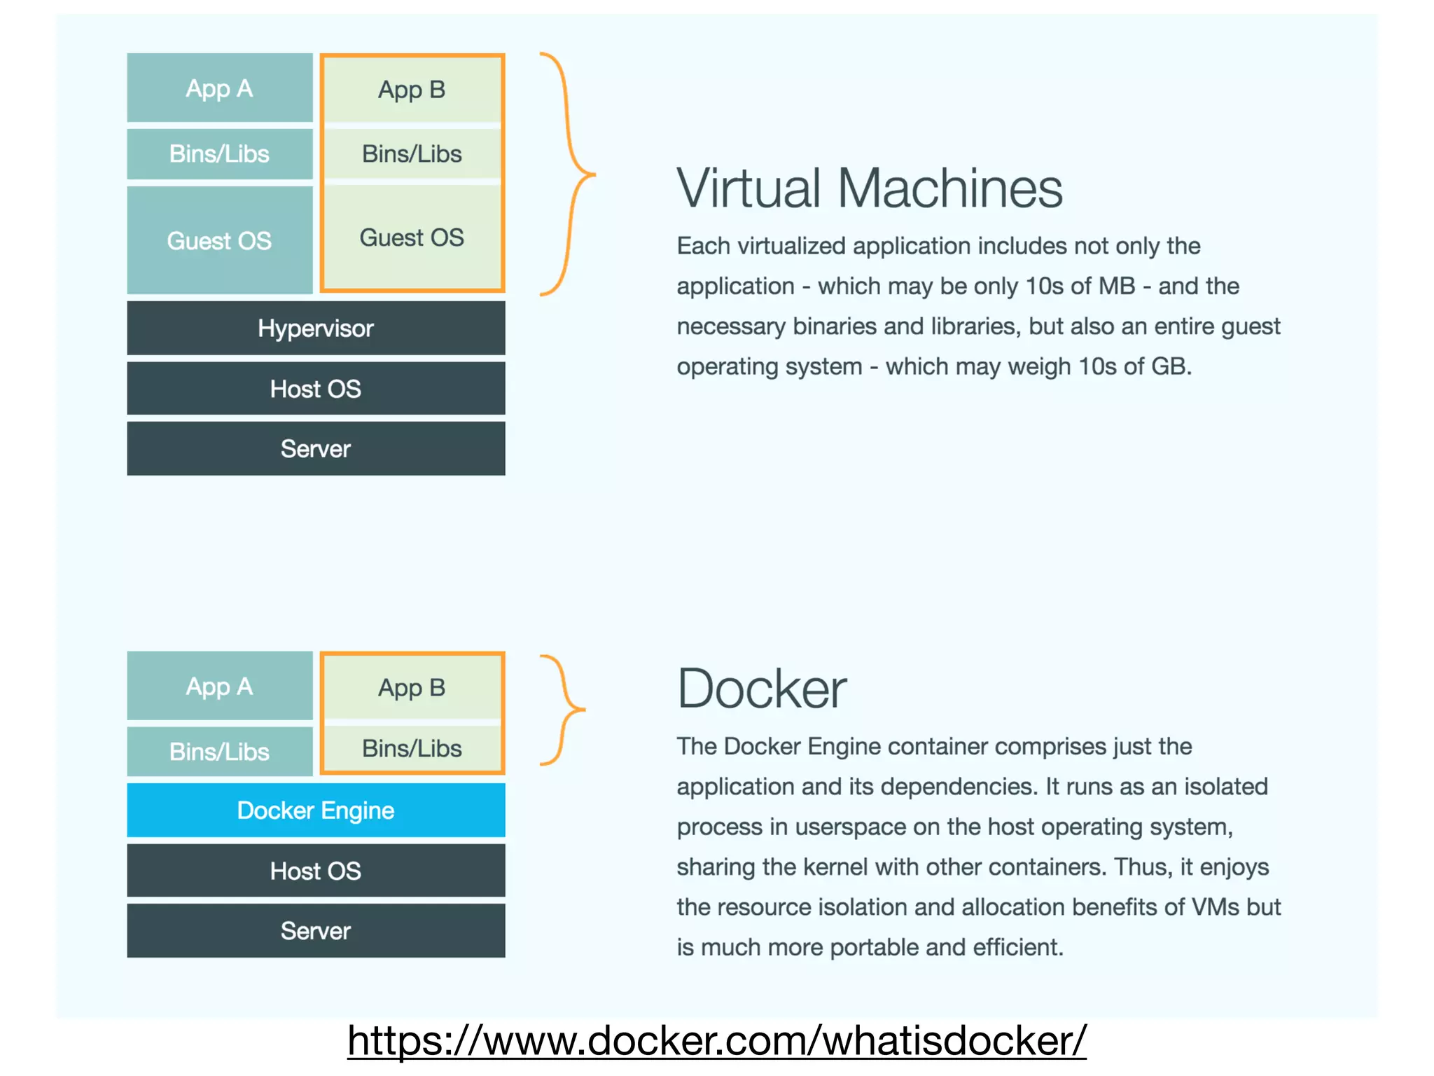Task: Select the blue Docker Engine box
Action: [x=316, y=810]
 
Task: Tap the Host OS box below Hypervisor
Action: [x=316, y=388]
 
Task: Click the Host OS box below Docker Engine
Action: [x=316, y=870]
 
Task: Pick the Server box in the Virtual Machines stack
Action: [x=316, y=448]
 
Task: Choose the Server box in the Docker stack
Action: [x=316, y=930]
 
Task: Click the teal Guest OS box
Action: [x=219, y=240]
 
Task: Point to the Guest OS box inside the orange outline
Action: [x=412, y=237]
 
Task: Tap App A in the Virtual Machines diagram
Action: [x=219, y=88]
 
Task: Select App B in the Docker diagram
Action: [x=412, y=687]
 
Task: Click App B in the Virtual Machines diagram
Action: [x=412, y=90]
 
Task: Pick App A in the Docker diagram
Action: [x=219, y=686]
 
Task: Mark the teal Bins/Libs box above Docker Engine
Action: [x=219, y=751]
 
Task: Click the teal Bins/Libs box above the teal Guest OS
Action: [x=219, y=153]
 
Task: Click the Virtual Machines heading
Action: [x=869, y=188]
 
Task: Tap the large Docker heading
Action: [x=762, y=689]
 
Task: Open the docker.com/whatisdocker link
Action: [x=716, y=1040]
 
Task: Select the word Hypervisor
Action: [x=316, y=328]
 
